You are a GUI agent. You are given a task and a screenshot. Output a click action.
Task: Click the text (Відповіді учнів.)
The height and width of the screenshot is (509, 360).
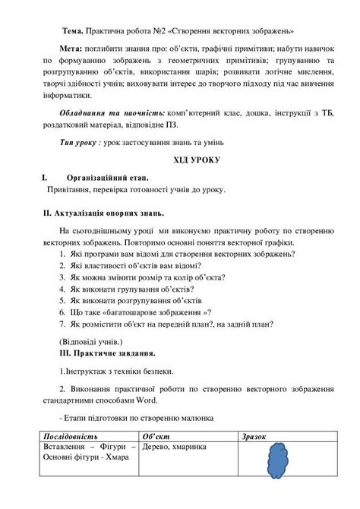[89, 341]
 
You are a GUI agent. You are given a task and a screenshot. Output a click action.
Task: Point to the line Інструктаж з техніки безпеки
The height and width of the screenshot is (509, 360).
[116, 371]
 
